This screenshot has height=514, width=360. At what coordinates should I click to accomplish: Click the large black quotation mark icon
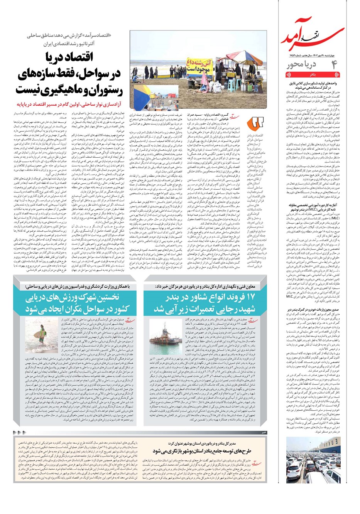[x=257, y=123]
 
